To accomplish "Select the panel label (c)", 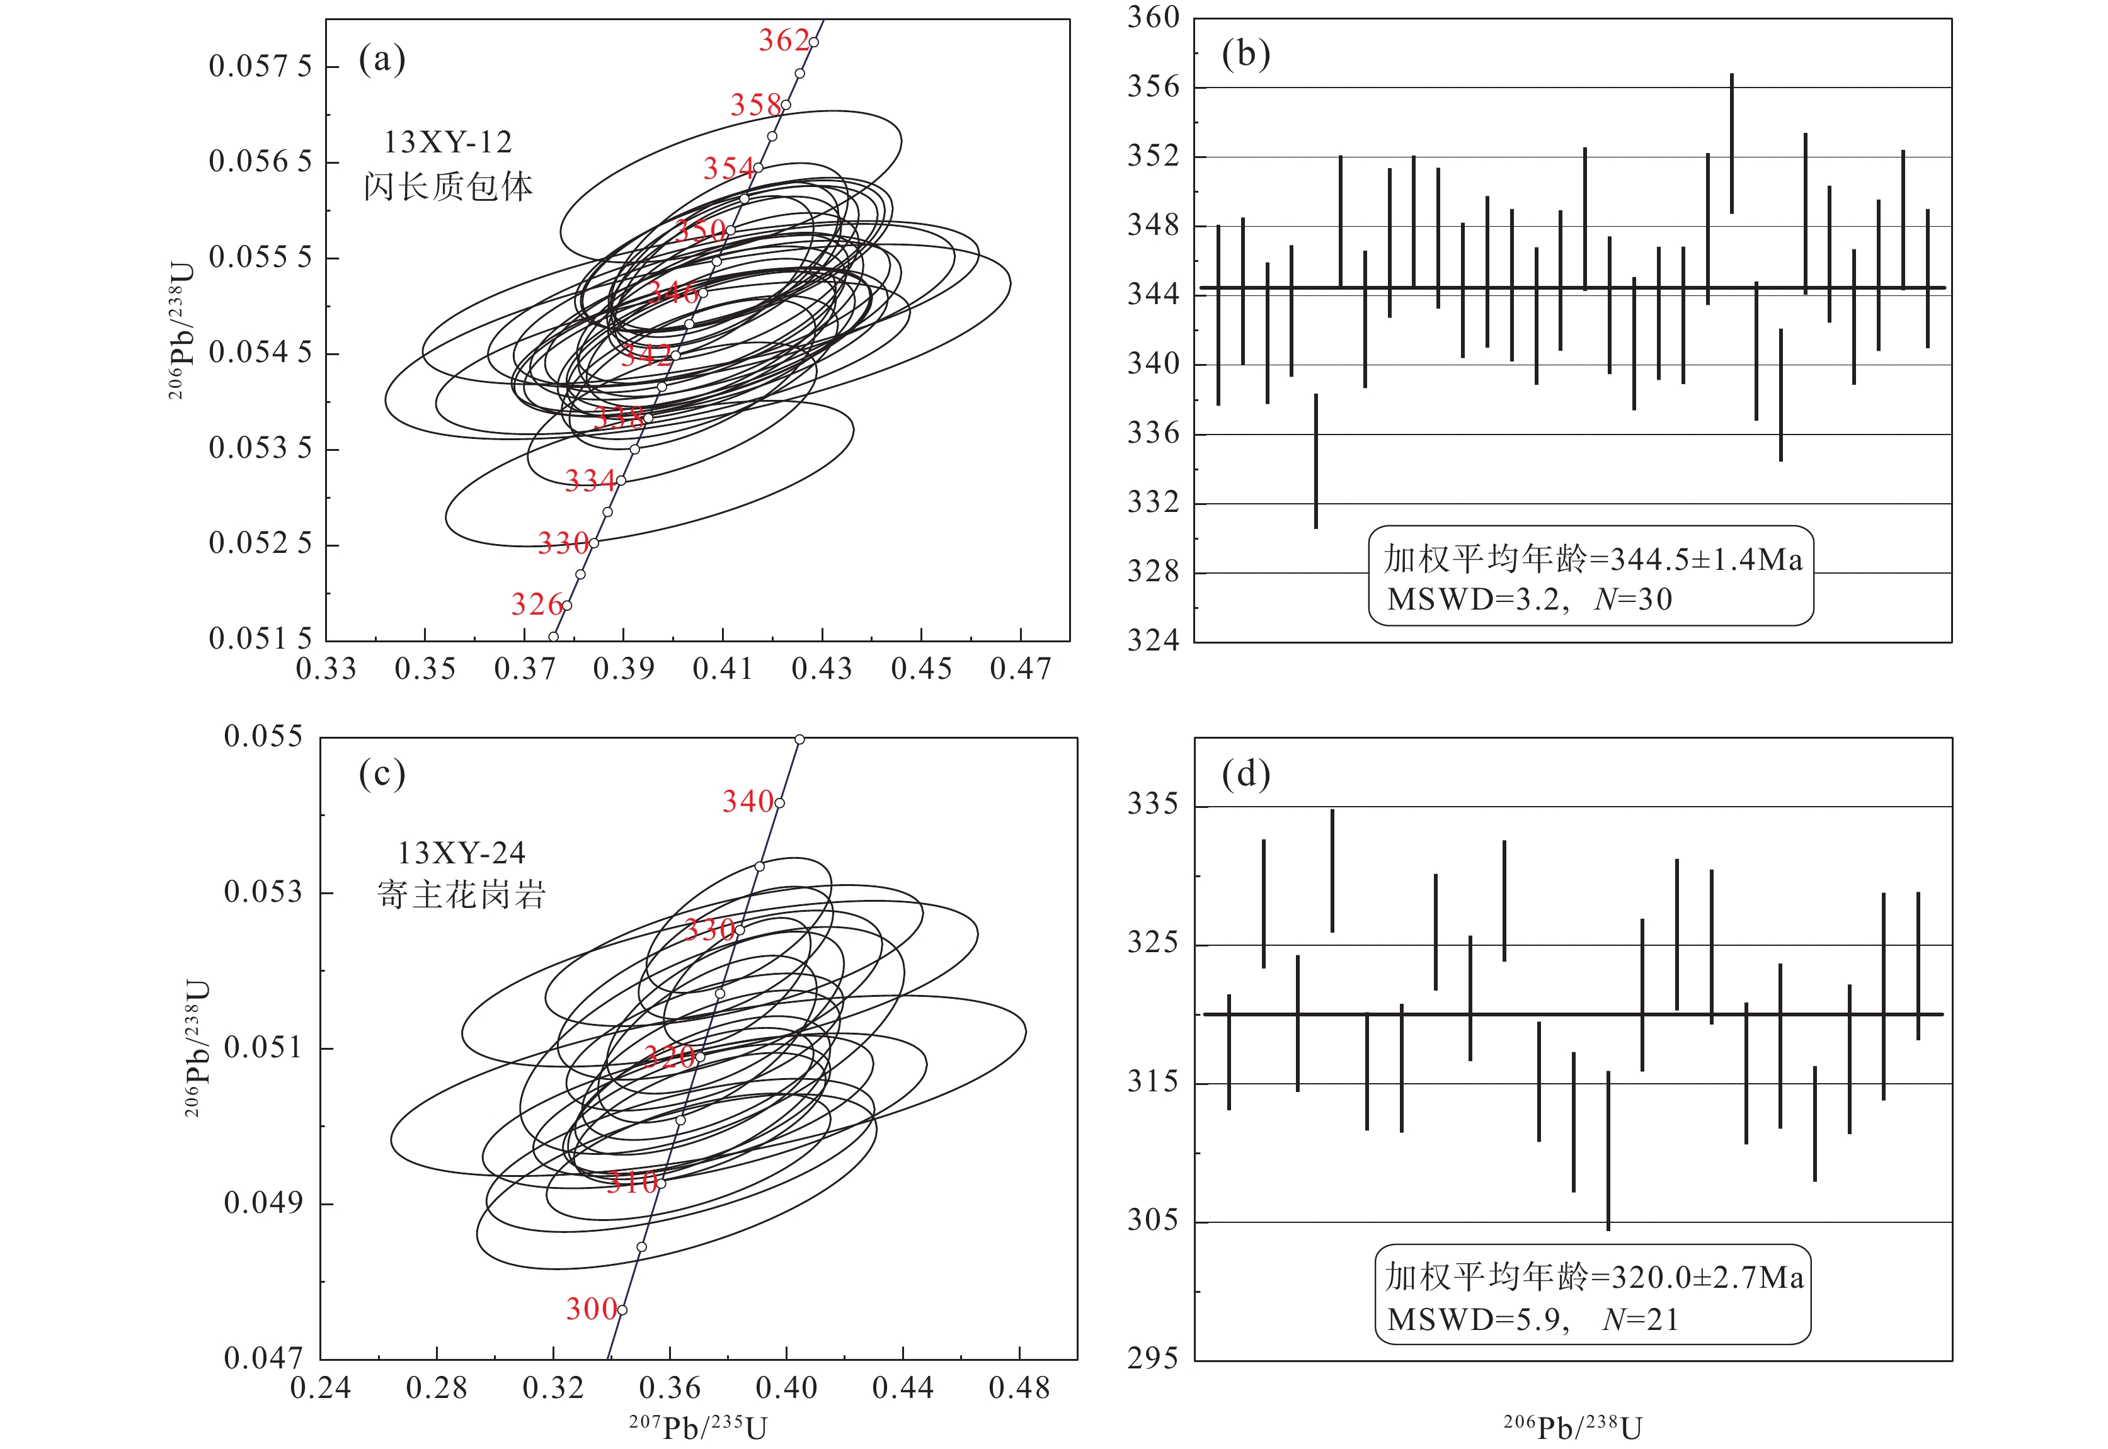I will [381, 775].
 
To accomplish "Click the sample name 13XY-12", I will [448, 142].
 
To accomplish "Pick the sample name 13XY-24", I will [461, 853].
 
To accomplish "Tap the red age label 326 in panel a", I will [537, 605].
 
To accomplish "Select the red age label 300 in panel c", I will [591, 1309].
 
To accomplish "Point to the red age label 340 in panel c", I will [747, 802].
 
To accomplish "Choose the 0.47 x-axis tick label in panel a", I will [1020, 670].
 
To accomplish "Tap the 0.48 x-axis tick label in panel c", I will [1019, 1388].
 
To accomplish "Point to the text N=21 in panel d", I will [1641, 1320].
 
